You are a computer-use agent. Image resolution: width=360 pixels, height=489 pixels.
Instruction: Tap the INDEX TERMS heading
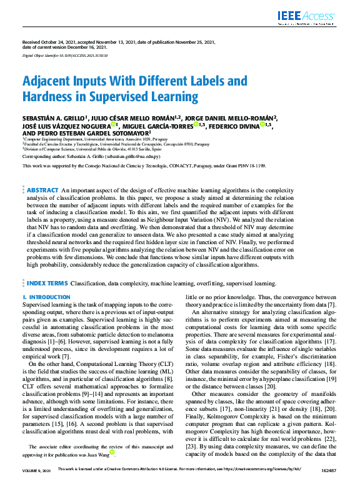(47, 283)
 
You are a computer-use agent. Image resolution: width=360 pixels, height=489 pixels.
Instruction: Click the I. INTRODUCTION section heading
(46, 297)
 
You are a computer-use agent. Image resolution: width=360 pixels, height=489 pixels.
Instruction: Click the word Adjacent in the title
(51, 81)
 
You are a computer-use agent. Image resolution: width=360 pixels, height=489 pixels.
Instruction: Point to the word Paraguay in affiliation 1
(159, 140)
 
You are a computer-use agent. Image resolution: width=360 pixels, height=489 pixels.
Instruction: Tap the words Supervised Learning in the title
(145, 96)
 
